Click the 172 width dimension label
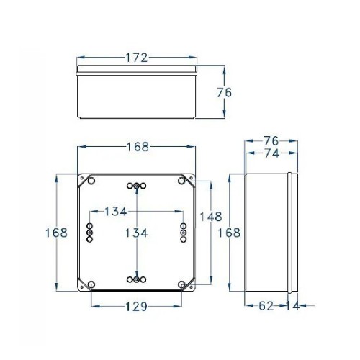(x=135, y=58)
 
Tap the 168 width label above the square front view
(x=135, y=147)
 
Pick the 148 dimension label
(x=210, y=216)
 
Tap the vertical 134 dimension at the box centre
(x=137, y=233)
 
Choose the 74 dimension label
(x=271, y=153)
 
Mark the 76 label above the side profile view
(x=271, y=140)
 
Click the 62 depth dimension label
(x=266, y=306)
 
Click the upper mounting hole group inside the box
(x=136, y=187)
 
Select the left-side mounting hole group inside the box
(x=89, y=232)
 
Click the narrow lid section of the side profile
(x=291, y=233)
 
